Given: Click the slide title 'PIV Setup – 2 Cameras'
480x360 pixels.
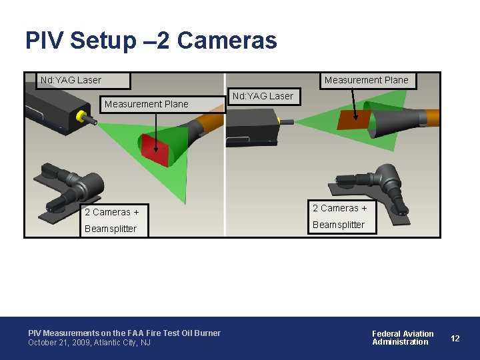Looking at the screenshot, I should (x=151, y=41).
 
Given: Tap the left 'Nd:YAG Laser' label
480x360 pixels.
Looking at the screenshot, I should (x=71, y=81).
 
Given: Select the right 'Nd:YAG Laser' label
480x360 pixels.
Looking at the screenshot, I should (x=262, y=96).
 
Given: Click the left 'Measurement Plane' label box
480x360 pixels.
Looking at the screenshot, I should (x=147, y=104).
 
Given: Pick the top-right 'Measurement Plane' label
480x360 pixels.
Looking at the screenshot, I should (x=366, y=81).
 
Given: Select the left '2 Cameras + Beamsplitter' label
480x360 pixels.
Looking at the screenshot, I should (x=111, y=220).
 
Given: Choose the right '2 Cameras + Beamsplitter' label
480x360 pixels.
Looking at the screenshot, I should (x=339, y=217).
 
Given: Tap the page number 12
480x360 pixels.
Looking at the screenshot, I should (x=455, y=338).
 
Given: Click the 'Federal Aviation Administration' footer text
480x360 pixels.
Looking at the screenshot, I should (x=403, y=338).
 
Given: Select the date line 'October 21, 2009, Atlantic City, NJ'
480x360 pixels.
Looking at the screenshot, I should (x=89, y=343).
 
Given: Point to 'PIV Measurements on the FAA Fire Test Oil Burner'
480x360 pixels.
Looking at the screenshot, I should (x=124, y=333).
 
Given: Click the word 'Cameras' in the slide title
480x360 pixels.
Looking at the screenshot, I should (x=227, y=41).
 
